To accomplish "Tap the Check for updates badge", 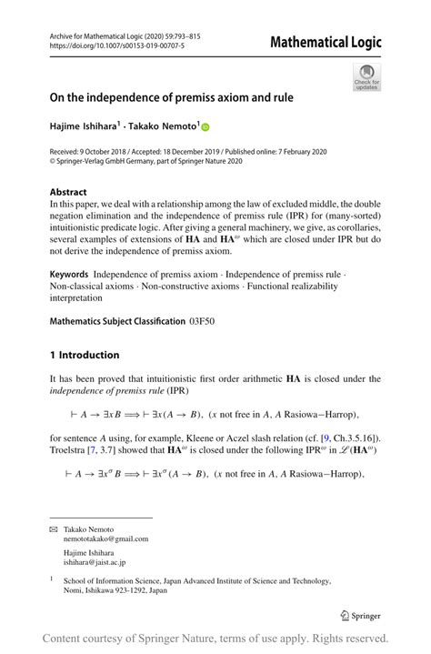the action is [x=366, y=77].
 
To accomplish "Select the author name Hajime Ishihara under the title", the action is [x=90, y=126].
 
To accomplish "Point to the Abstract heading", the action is [x=69, y=193].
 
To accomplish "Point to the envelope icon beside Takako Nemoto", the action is [x=54, y=528].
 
